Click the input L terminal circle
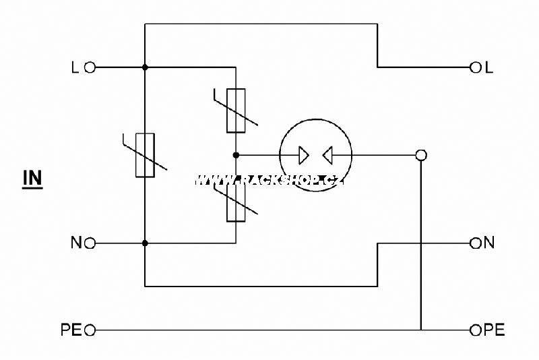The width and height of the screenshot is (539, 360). click(90, 67)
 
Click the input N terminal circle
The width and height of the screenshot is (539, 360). click(90, 243)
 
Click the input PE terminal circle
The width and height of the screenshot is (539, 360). click(90, 330)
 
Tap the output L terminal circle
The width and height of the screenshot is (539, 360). click(476, 67)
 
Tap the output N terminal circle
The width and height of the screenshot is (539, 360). click(476, 243)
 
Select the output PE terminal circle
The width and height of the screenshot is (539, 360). click(476, 330)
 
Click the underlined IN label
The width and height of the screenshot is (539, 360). click(32, 179)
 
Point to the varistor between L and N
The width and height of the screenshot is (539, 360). click(145, 155)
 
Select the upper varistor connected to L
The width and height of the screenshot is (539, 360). click(236, 111)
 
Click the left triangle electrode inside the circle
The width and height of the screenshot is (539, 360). click(304, 155)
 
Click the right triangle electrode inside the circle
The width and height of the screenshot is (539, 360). click(327, 155)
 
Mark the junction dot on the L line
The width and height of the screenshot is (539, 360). click(145, 67)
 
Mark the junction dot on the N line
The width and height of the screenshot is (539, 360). click(145, 243)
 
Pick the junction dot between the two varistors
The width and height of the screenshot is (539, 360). click(236, 155)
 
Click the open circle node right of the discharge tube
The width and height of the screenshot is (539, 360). click(421, 155)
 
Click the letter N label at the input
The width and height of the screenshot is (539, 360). click(76, 243)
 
